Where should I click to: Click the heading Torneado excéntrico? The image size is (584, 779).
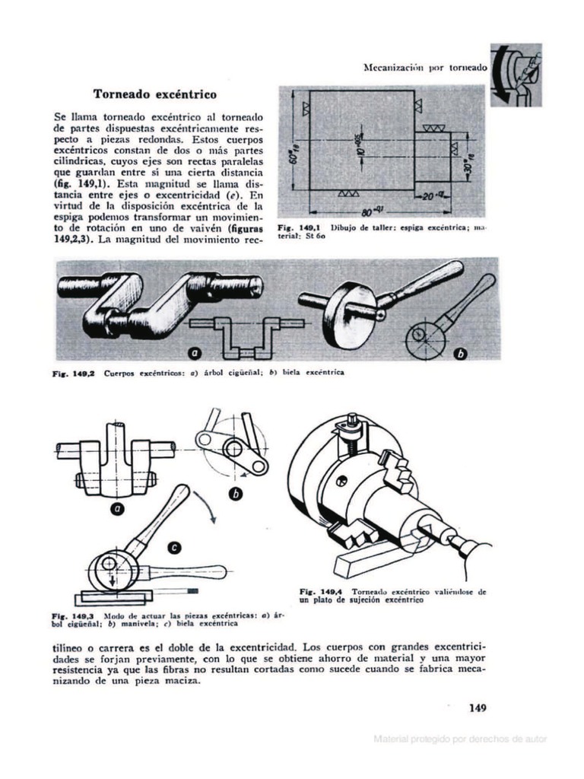point(154,94)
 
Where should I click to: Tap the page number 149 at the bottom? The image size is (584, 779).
point(477,708)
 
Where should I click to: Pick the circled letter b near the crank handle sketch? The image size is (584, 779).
point(235,494)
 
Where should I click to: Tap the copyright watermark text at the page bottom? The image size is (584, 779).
point(459,739)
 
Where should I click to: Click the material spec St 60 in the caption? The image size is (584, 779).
point(306,236)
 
